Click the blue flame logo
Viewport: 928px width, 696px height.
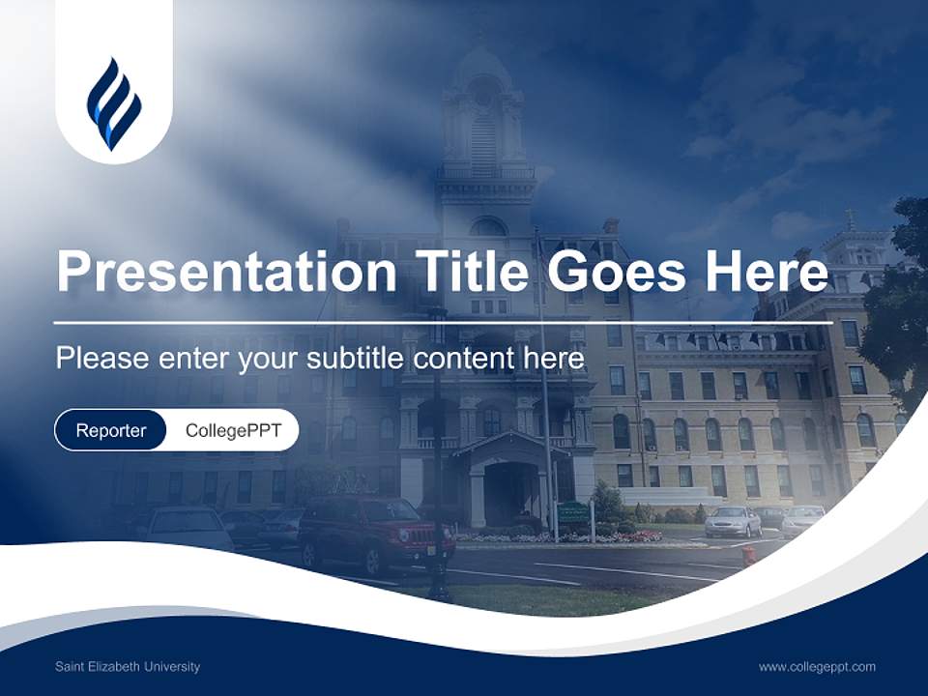[x=113, y=104]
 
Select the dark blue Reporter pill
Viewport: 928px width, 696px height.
[x=111, y=430]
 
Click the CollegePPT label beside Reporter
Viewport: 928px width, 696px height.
[x=233, y=430]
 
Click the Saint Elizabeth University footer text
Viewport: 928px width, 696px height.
[x=128, y=667]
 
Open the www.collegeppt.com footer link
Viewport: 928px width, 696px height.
[x=817, y=667]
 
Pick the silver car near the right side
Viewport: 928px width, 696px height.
[x=733, y=522]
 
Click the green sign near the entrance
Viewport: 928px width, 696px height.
[x=573, y=512]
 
